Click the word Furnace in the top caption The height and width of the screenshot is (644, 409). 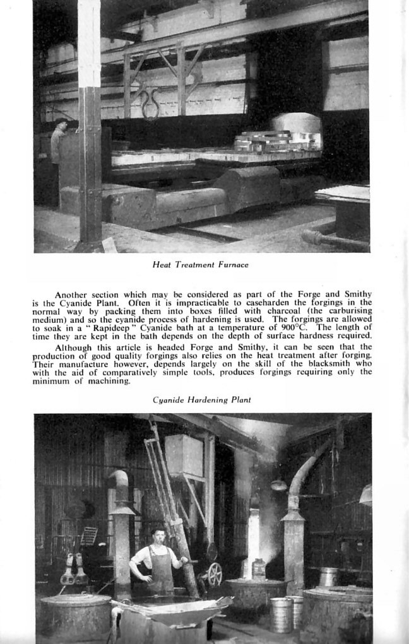click(234, 265)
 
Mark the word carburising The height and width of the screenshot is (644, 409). click(346, 311)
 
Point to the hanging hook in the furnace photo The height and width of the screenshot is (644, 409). click(150, 104)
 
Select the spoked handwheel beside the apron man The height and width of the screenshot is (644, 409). click(215, 574)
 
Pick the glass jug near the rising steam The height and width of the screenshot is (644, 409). click(258, 570)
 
